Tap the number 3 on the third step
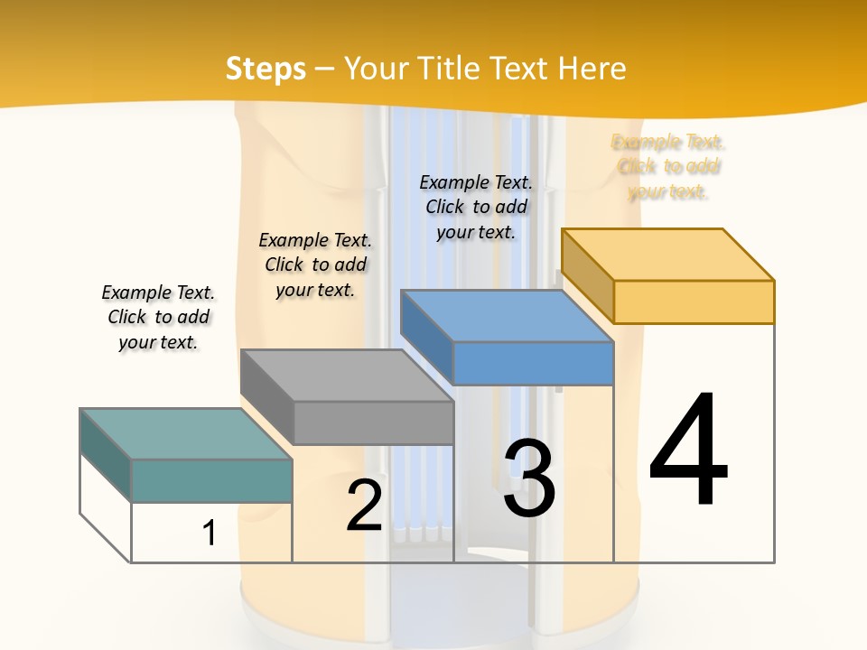(x=529, y=478)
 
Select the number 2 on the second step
(x=364, y=506)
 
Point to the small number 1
(x=210, y=533)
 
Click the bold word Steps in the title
(x=266, y=69)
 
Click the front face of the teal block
(x=211, y=480)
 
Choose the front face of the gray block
(x=374, y=422)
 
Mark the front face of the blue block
(x=533, y=363)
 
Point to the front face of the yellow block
(x=694, y=302)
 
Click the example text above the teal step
(x=158, y=317)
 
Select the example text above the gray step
(x=315, y=265)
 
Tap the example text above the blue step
(x=476, y=207)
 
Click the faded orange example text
(x=668, y=167)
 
